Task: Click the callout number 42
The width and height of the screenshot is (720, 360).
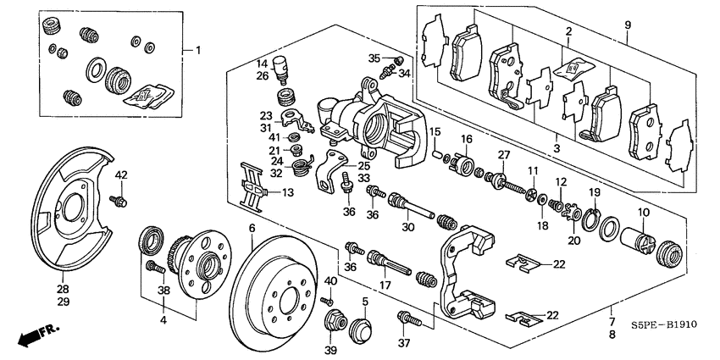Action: click(x=121, y=175)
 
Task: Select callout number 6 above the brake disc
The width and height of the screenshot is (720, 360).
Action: click(x=252, y=229)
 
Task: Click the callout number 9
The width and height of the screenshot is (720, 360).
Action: click(x=628, y=26)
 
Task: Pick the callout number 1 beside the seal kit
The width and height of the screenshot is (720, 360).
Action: click(x=199, y=50)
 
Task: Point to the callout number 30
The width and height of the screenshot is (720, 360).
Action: click(x=407, y=227)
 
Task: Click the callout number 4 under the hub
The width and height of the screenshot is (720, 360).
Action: click(x=164, y=321)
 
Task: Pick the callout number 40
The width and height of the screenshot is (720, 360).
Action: click(x=330, y=281)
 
